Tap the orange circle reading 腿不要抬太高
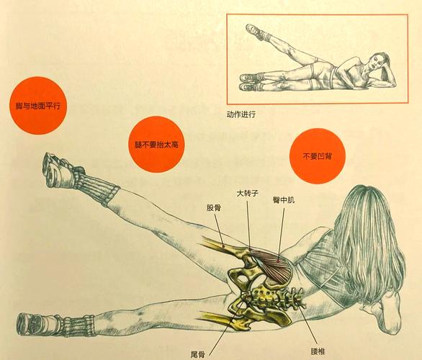[x=156, y=145]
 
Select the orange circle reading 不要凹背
[x=316, y=156]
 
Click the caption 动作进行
[x=241, y=114]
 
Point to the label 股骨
[x=214, y=207]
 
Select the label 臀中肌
[x=283, y=199]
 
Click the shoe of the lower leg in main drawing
[x=33, y=324]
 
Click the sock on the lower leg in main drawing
[x=72, y=324]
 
